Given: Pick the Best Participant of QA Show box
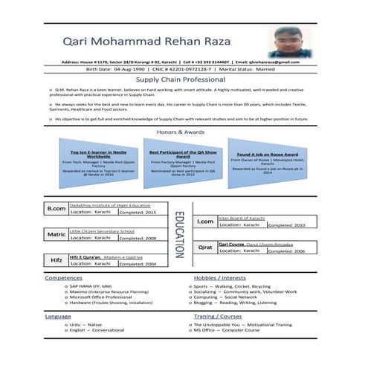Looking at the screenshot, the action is [x=181, y=161].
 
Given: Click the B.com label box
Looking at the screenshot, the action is [x=57, y=209].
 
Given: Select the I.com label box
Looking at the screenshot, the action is [x=204, y=222].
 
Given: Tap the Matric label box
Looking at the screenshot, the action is [x=57, y=234].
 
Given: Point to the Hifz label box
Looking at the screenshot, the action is [x=57, y=260].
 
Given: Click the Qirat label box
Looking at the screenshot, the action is [x=204, y=248].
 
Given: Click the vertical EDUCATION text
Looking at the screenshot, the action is [x=178, y=234].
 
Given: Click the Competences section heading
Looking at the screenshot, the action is [x=63, y=277].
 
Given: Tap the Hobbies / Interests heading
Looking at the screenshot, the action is [x=219, y=277].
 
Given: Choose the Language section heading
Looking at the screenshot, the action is [x=58, y=316].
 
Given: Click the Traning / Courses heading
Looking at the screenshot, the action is [x=218, y=316].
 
